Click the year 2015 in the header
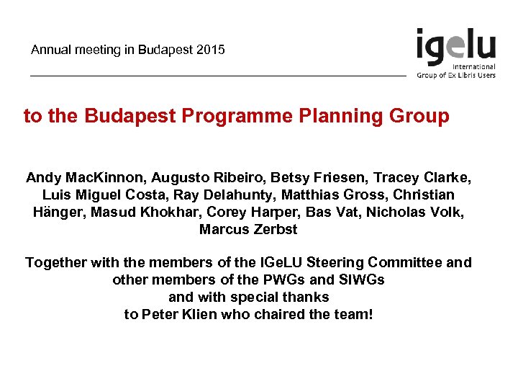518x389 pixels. [211, 50]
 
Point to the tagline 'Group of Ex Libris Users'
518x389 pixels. [456, 75]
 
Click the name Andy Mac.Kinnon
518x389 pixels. [77, 177]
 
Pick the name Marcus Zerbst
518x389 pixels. [248, 230]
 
